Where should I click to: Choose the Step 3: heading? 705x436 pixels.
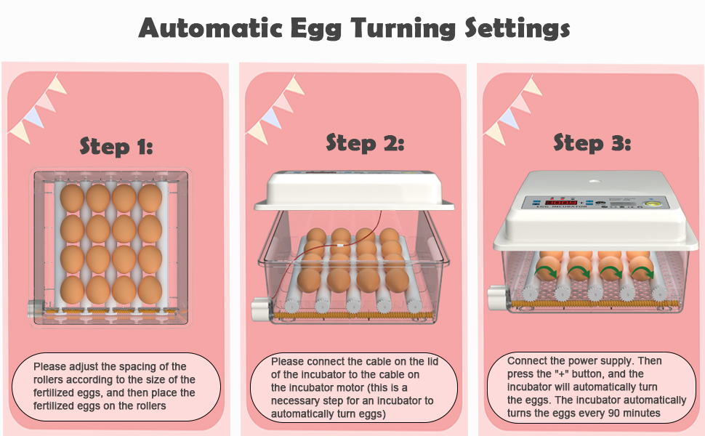[x=592, y=142]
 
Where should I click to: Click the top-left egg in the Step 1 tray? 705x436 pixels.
[x=73, y=198]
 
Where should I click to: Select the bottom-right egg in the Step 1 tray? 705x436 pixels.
[x=150, y=290]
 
